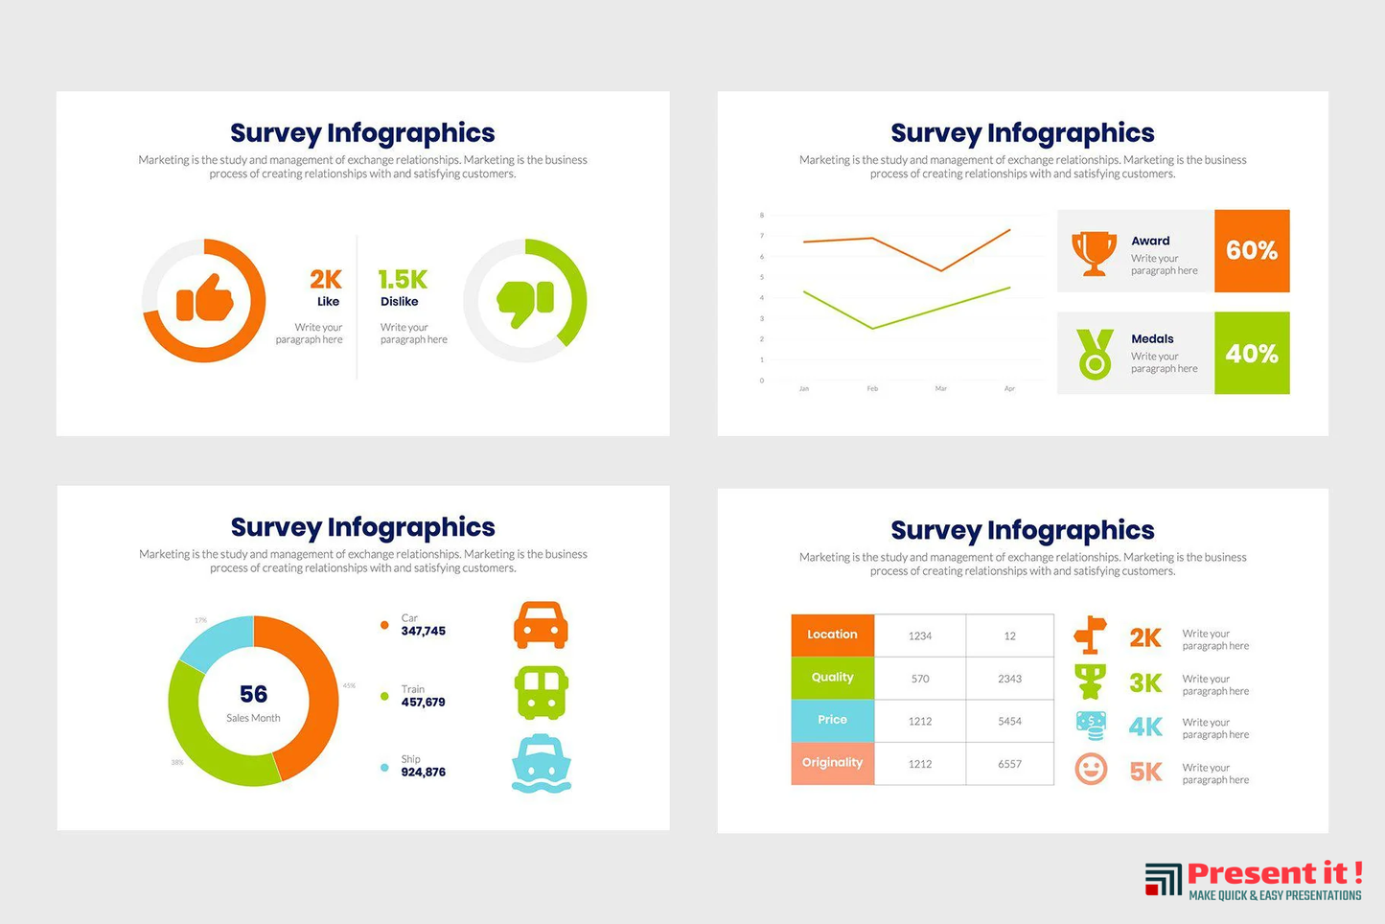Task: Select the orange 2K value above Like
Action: click(x=325, y=279)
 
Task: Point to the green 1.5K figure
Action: click(x=403, y=279)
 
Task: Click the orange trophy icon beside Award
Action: click(x=1094, y=252)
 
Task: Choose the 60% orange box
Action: click(x=1252, y=251)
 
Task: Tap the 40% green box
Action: click(x=1252, y=354)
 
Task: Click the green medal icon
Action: click(x=1095, y=354)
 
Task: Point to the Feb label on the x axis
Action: click(x=872, y=389)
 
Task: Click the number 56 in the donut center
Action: click(x=253, y=694)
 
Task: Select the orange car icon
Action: click(x=542, y=625)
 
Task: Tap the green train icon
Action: click(x=542, y=693)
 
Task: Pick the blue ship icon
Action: click(x=542, y=764)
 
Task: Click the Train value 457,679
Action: click(x=423, y=703)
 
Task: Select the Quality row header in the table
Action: click(x=832, y=678)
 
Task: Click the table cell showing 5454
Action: click(x=1009, y=721)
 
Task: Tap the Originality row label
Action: click(x=832, y=763)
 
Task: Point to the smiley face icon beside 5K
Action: click(x=1091, y=769)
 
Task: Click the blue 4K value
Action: click(x=1145, y=727)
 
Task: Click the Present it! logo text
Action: click(x=1274, y=873)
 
